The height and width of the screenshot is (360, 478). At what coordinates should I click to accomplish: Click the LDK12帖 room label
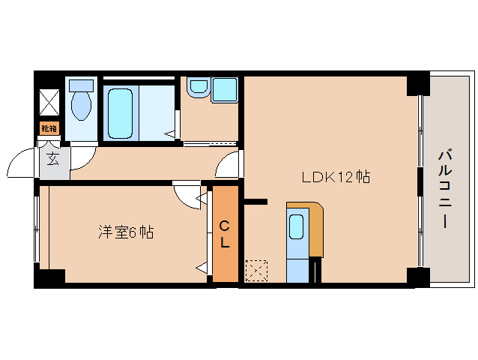(x=336, y=178)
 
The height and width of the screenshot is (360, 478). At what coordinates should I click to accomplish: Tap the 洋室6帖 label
(x=126, y=232)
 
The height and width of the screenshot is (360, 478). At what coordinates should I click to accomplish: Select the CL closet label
(x=225, y=233)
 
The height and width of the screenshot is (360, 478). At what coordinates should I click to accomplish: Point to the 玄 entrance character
(x=54, y=159)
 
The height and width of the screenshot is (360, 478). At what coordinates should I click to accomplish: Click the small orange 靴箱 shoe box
(x=49, y=128)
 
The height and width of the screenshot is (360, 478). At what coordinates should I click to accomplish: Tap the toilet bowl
(x=81, y=107)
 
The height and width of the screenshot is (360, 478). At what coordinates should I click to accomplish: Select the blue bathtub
(x=121, y=112)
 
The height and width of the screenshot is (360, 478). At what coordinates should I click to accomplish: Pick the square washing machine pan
(x=224, y=89)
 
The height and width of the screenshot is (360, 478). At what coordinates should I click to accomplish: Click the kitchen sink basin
(x=297, y=226)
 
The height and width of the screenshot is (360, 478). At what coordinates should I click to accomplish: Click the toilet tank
(x=82, y=85)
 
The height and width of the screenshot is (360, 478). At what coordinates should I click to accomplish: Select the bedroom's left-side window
(x=37, y=228)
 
